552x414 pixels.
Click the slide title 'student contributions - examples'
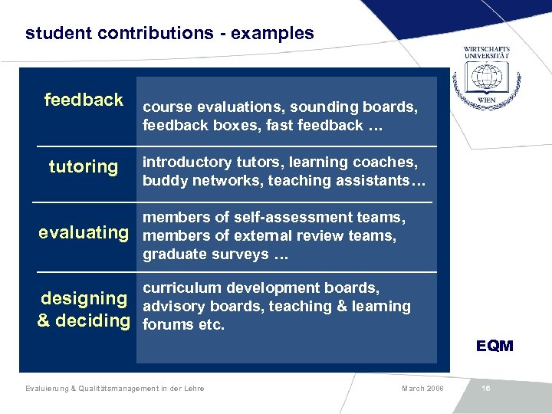169,34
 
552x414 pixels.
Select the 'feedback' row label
84,100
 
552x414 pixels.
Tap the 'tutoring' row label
84,166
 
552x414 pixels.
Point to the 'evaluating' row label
84,232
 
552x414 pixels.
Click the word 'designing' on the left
84,298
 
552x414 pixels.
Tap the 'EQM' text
495,346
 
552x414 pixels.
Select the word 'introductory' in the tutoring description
186,163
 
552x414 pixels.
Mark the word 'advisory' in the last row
172,307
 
